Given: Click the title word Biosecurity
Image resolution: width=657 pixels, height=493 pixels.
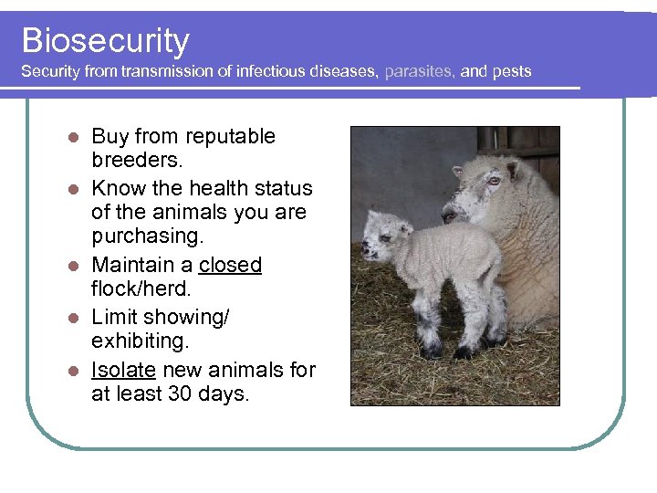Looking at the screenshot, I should tap(105, 40).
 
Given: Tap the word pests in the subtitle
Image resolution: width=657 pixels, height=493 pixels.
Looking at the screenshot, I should tap(512, 71).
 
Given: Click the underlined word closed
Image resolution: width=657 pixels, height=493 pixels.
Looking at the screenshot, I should tap(230, 266).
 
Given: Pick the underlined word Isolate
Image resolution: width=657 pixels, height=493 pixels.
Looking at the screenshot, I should tap(122, 371).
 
